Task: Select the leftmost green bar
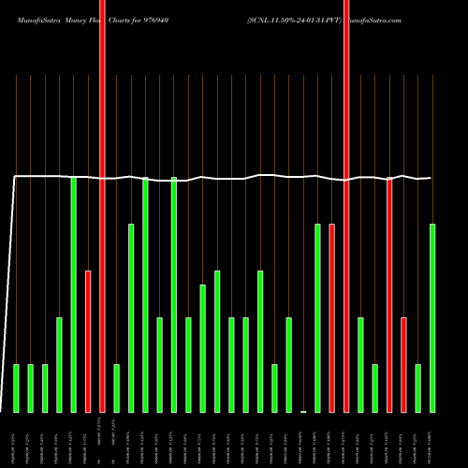click(16, 388)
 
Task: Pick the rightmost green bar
click(432, 318)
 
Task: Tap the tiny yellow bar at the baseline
click(303, 411)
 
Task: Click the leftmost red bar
click(88, 342)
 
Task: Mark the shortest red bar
click(403, 365)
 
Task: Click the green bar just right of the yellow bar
click(317, 318)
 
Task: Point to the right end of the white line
click(431, 178)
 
